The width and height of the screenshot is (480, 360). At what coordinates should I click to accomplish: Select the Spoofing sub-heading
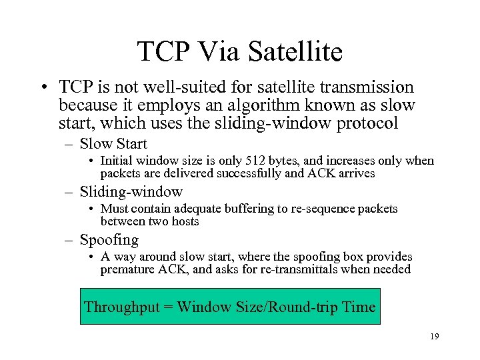click(x=109, y=240)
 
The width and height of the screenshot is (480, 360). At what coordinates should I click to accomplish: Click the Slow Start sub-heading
click(x=113, y=143)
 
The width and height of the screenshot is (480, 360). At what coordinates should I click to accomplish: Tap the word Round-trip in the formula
click(x=302, y=307)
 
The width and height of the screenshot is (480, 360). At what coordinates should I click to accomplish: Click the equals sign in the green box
click(x=167, y=308)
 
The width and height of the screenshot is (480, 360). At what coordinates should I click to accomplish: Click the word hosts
click(x=184, y=221)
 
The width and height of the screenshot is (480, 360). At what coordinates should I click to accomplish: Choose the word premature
click(x=125, y=269)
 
